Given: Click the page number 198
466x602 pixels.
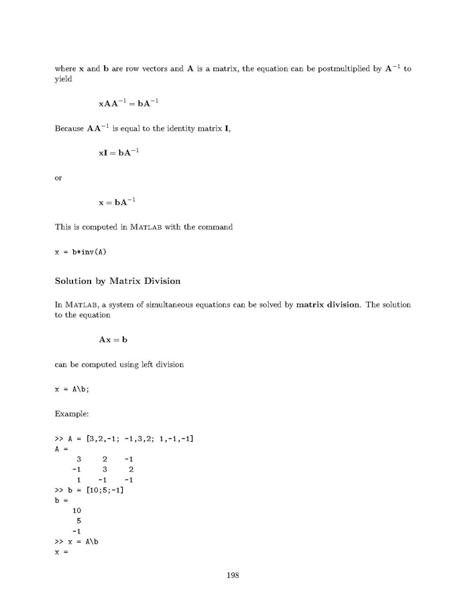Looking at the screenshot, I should pyautogui.click(x=233, y=575).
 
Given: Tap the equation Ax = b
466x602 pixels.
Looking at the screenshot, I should pyautogui.click(x=113, y=340).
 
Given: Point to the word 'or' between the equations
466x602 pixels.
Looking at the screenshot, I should pyautogui.click(x=58, y=177).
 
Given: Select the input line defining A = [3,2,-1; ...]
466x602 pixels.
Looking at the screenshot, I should pyautogui.click(x=125, y=439).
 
